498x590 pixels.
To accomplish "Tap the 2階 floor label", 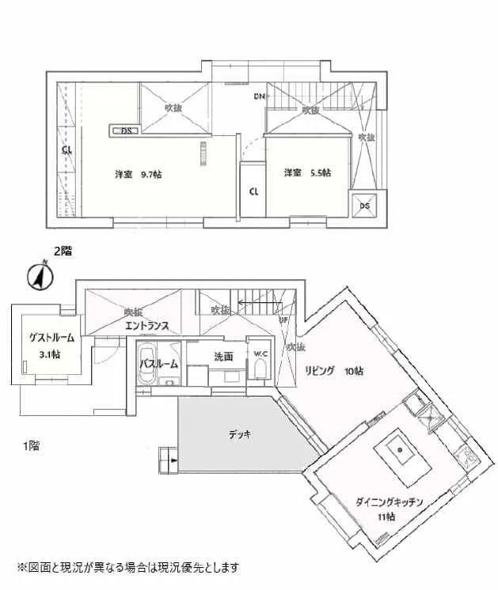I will pyautogui.click(x=63, y=252).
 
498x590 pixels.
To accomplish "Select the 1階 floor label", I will pyautogui.click(x=30, y=446).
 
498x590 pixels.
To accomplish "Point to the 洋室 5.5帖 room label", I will pyautogui.click(x=308, y=172).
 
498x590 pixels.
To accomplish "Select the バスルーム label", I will pyautogui.click(x=159, y=364).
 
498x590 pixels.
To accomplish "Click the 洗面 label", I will pyautogui.click(x=223, y=357).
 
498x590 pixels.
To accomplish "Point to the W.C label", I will pyautogui.click(x=260, y=353).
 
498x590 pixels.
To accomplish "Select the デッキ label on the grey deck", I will pyautogui.click(x=240, y=433).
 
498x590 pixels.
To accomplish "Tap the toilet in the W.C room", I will pyautogui.click(x=261, y=370).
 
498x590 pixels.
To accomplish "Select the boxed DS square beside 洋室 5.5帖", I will pyautogui.click(x=364, y=204).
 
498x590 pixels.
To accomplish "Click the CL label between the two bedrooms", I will pyautogui.click(x=254, y=191).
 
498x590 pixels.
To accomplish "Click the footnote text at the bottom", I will pyautogui.click(x=127, y=567).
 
